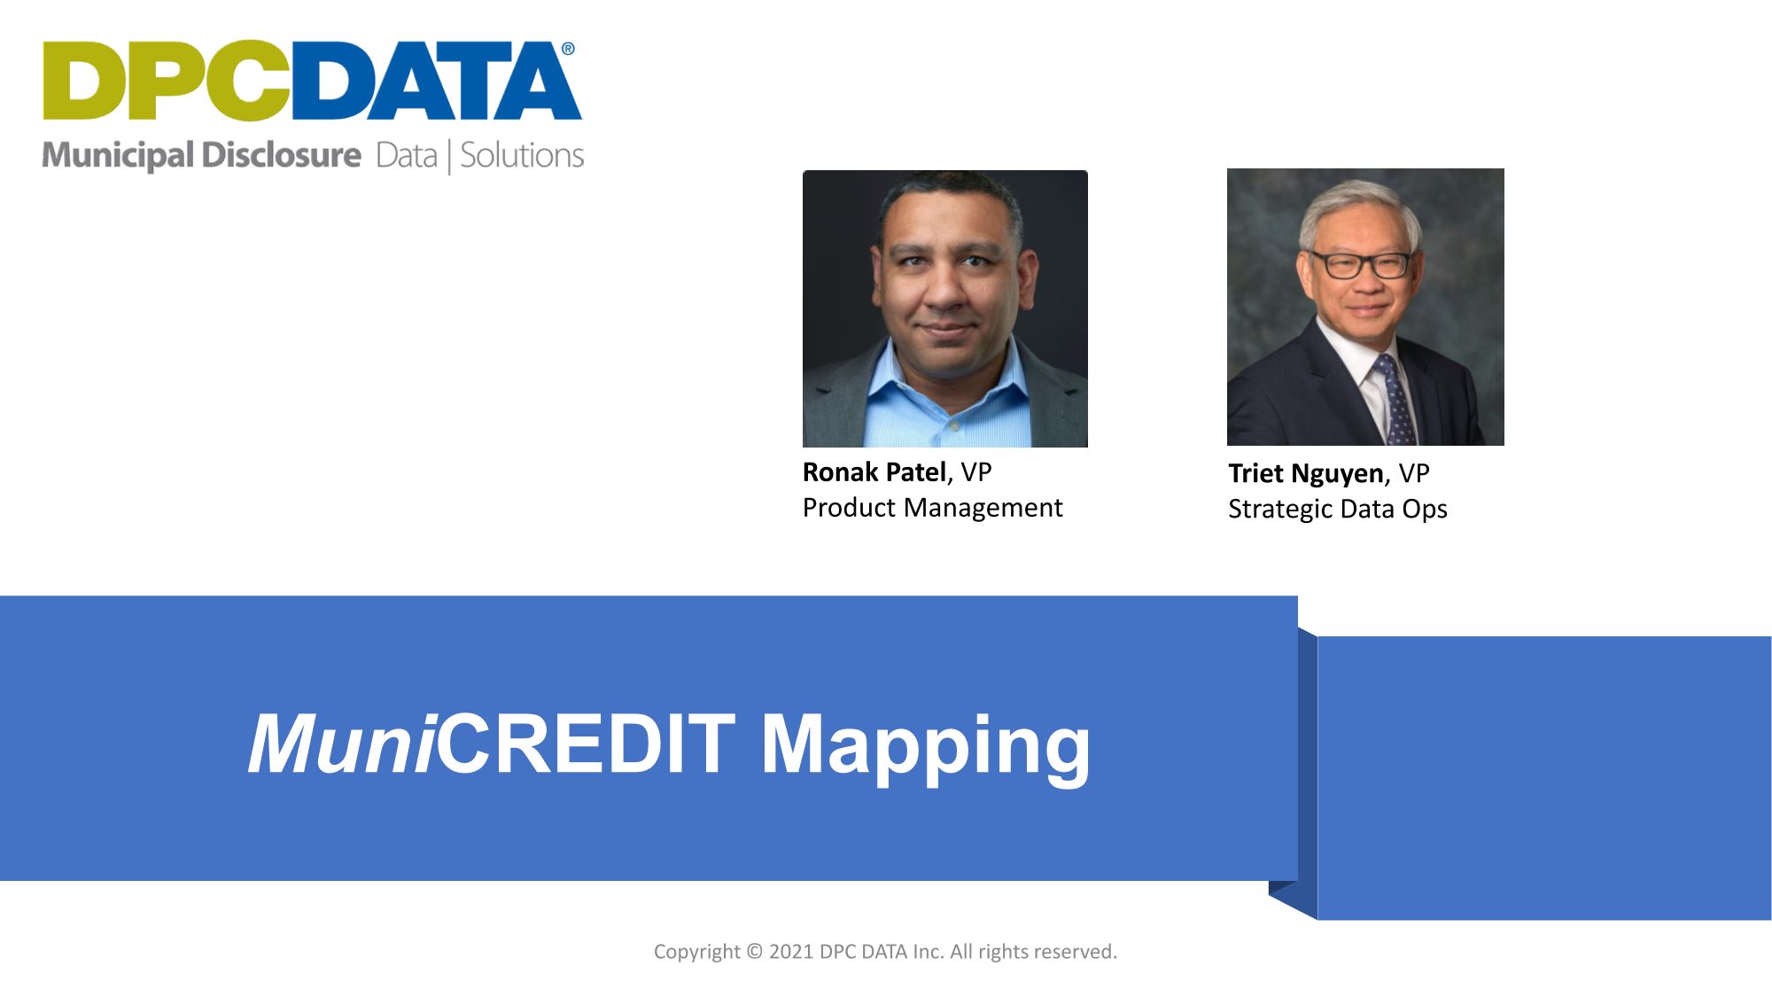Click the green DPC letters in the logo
point(167,81)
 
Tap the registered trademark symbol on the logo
point(568,49)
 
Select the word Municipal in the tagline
point(117,156)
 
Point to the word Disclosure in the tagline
point(280,156)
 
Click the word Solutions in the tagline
point(522,156)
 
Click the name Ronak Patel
point(874,472)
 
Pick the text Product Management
point(932,508)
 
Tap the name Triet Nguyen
point(1305,473)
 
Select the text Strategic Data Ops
point(1337,509)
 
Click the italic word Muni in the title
point(341,744)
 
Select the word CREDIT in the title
point(586,744)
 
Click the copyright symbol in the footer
point(754,952)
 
